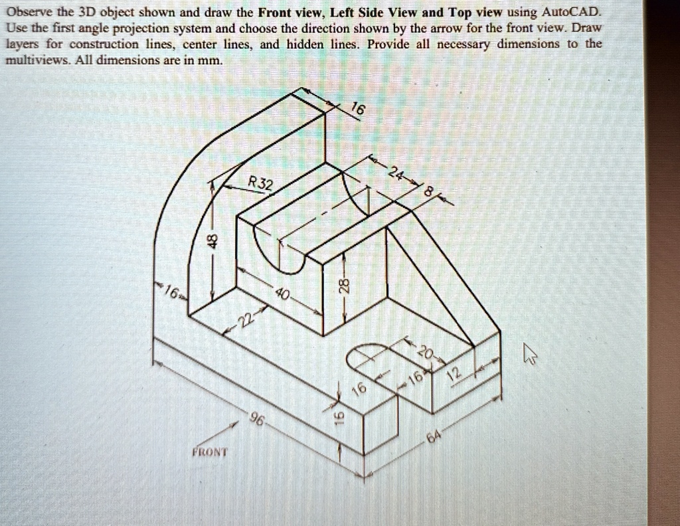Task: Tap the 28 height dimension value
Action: click(343, 286)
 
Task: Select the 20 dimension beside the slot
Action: click(424, 352)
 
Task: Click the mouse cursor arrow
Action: click(531, 357)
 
